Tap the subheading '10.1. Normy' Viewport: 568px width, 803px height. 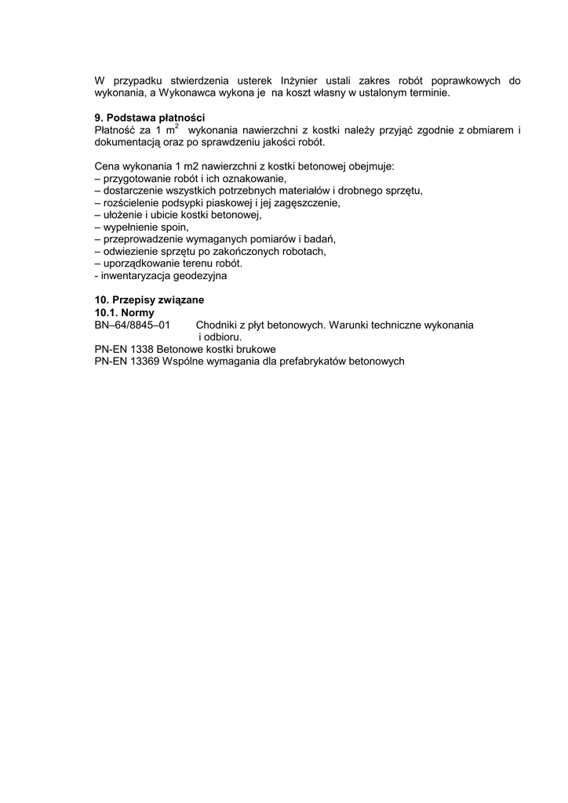[x=125, y=312]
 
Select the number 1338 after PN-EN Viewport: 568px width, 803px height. [x=143, y=349]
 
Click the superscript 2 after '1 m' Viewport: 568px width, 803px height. [x=177, y=125]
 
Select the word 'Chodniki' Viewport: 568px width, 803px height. [x=217, y=325]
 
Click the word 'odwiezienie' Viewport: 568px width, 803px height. [x=131, y=252]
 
